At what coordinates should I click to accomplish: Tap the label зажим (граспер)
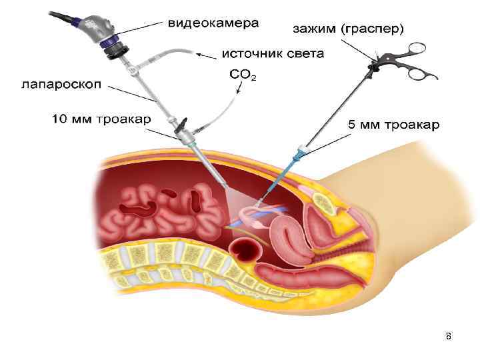click(x=349, y=29)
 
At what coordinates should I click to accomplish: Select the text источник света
click(x=273, y=53)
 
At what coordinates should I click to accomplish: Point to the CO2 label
click(x=243, y=75)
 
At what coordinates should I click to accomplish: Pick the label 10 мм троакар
click(x=101, y=119)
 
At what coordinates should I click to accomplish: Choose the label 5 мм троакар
click(x=394, y=125)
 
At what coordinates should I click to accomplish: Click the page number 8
click(x=449, y=337)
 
